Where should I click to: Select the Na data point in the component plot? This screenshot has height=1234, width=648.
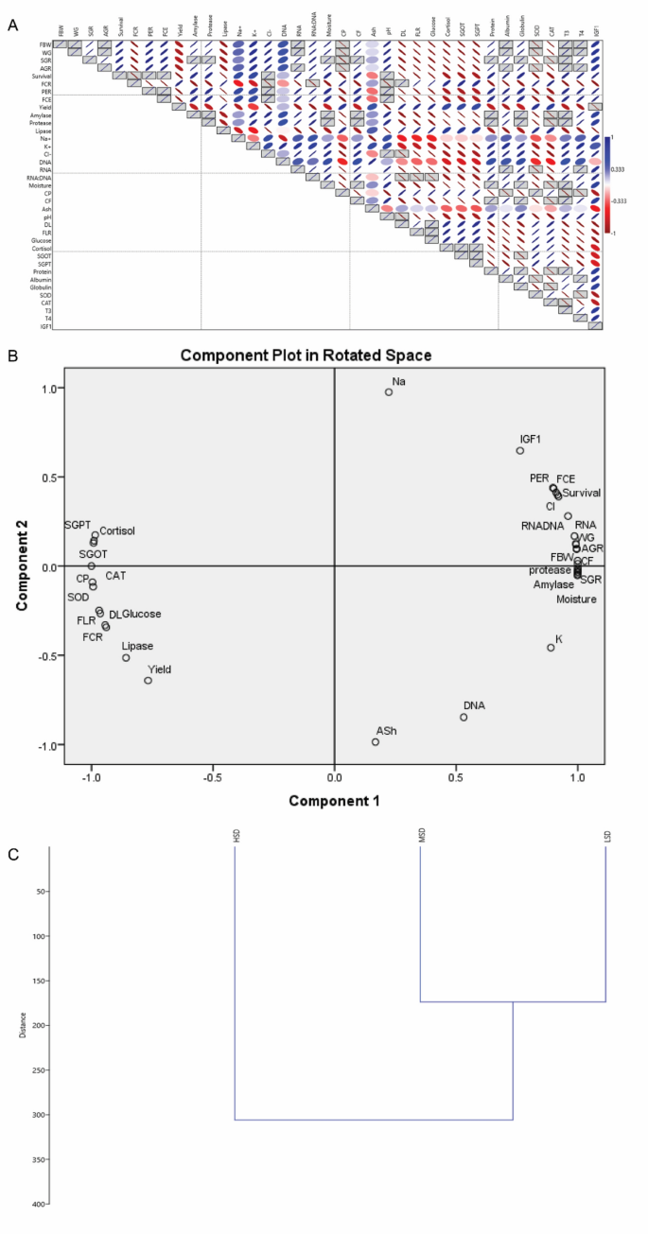pos(388,391)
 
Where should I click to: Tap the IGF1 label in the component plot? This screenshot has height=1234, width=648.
pos(531,439)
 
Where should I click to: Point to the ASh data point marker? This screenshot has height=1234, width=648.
pos(376,742)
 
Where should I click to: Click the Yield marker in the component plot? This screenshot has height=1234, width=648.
pos(148,681)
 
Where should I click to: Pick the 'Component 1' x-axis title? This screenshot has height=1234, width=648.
pos(334,800)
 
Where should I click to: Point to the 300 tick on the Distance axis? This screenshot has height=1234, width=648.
pos(36,1115)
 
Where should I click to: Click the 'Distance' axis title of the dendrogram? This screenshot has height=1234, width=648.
pos(23,1025)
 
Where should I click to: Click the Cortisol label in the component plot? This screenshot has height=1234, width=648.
pos(117,531)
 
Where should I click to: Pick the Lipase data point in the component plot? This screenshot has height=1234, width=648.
pos(126,657)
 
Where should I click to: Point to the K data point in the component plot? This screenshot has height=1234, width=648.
pos(551,648)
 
